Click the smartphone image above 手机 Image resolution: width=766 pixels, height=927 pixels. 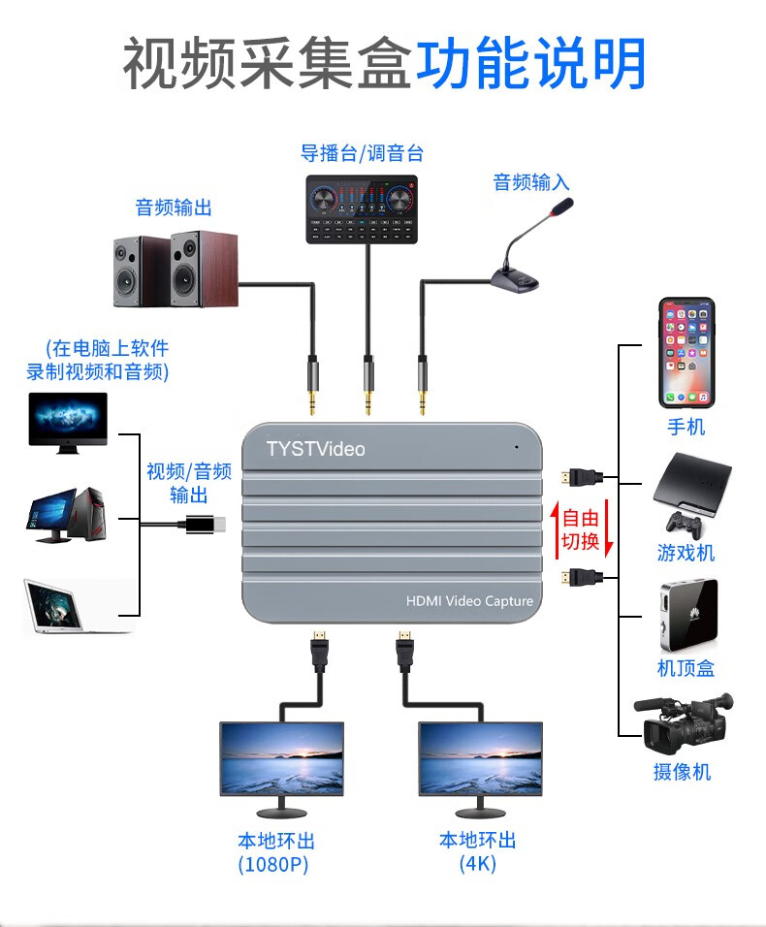[686, 352]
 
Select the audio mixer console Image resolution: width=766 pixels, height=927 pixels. [362, 208]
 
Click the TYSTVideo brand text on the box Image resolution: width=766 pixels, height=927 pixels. [315, 449]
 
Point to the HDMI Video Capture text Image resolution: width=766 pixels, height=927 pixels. [469, 601]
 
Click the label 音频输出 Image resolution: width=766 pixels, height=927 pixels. [174, 208]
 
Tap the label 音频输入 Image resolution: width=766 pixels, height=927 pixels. [531, 182]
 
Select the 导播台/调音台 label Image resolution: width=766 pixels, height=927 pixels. [362, 153]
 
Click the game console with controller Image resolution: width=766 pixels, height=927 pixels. [690, 494]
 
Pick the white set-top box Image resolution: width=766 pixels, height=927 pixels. [687, 615]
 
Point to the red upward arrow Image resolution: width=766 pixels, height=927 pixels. [556, 528]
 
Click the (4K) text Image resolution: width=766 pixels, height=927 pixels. [478, 863]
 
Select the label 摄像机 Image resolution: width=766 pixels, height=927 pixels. [683, 772]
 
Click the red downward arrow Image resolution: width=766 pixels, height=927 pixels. [609, 528]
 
